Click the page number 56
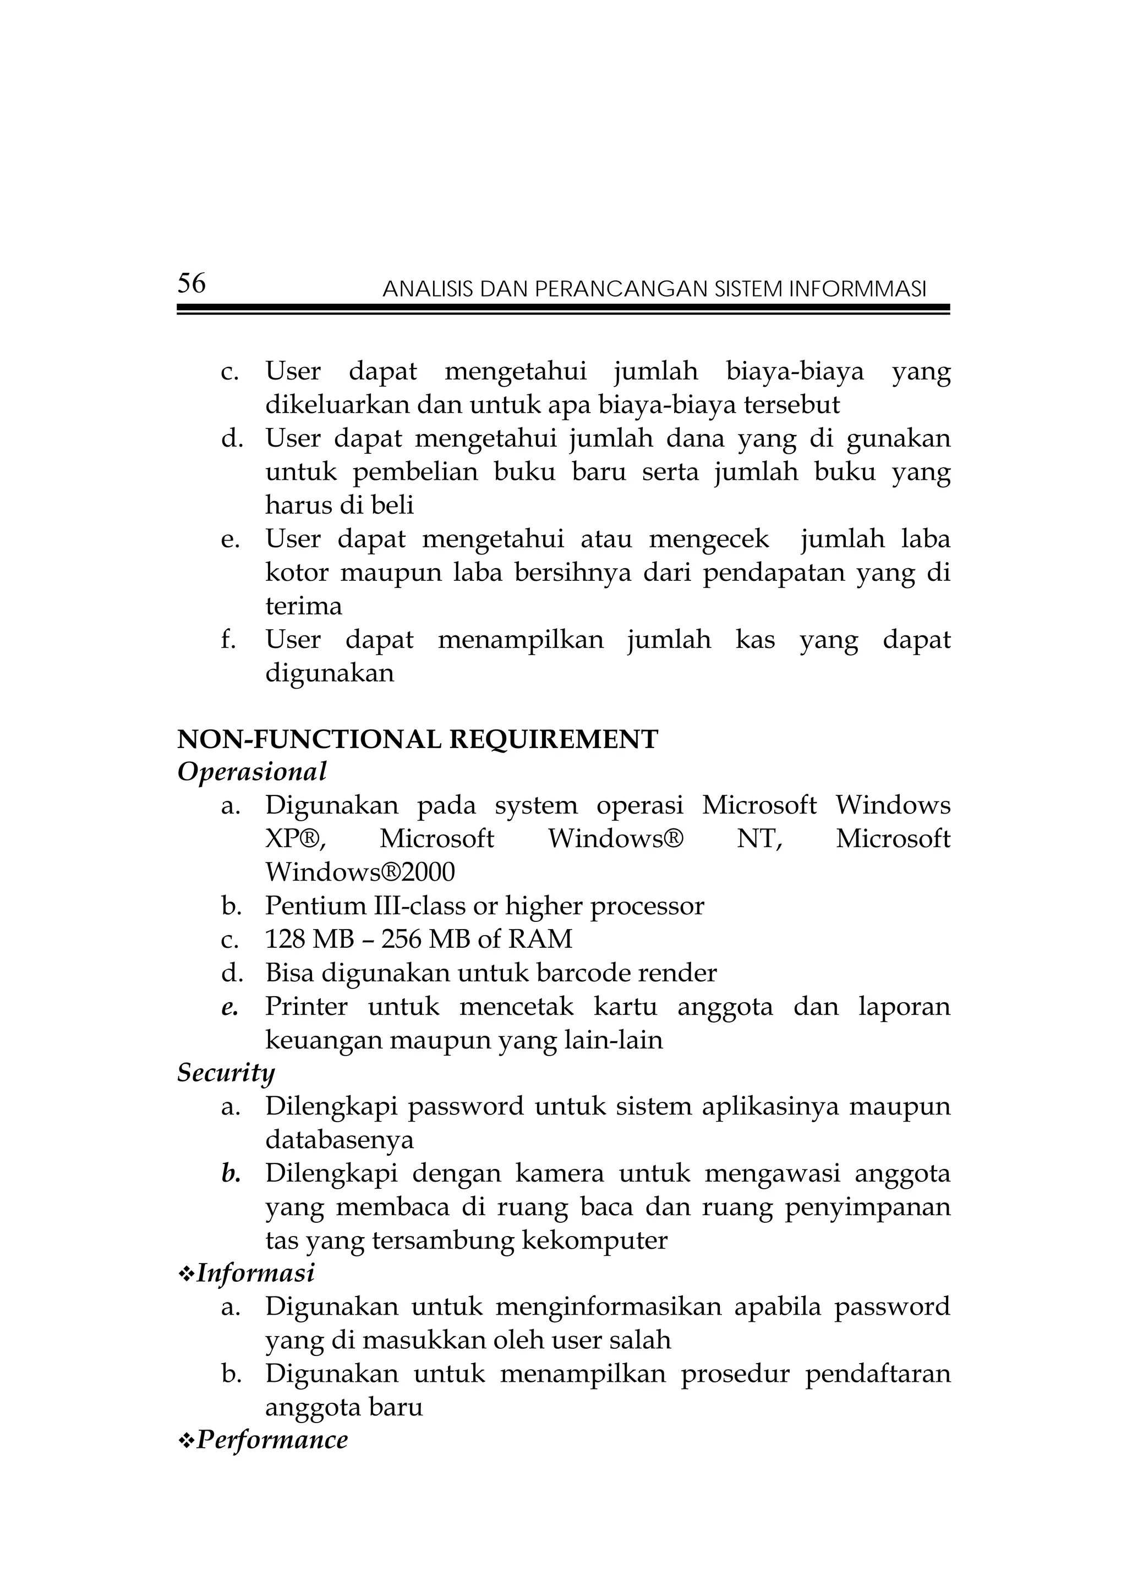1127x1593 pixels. point(192,283)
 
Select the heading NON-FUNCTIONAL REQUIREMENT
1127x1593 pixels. point(417,740)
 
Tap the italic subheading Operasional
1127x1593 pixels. point(252,772)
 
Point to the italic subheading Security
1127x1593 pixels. point(226,1073)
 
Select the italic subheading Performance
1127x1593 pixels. point(272,1440)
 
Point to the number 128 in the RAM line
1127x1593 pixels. point(285,939)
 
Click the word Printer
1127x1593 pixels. point(306,1006)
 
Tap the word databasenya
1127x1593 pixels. point(340,1140)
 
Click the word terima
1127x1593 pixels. point(303,606)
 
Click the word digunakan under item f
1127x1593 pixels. point(329,673)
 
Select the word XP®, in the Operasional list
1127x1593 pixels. point(295,839)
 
